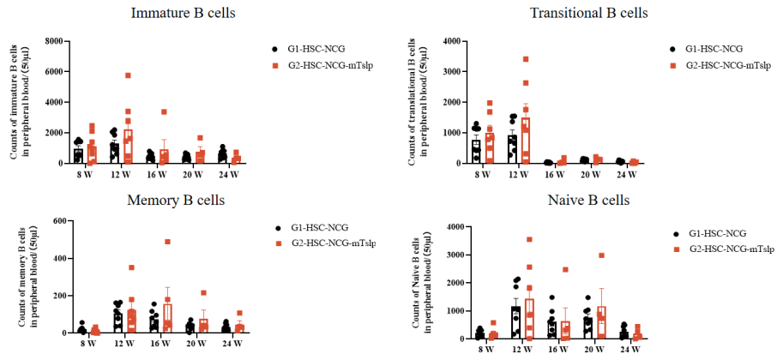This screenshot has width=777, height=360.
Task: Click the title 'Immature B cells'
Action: [184, 14]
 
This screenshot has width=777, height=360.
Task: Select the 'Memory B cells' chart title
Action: [176, 201]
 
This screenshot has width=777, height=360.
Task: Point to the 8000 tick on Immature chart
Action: [57, 41]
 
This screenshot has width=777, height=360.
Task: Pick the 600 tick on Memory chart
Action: [59, 221]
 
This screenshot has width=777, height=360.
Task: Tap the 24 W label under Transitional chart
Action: [627, 174]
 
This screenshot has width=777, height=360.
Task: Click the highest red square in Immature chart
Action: [128, 75]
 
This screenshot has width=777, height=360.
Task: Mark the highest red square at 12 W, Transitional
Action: [525, 59]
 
